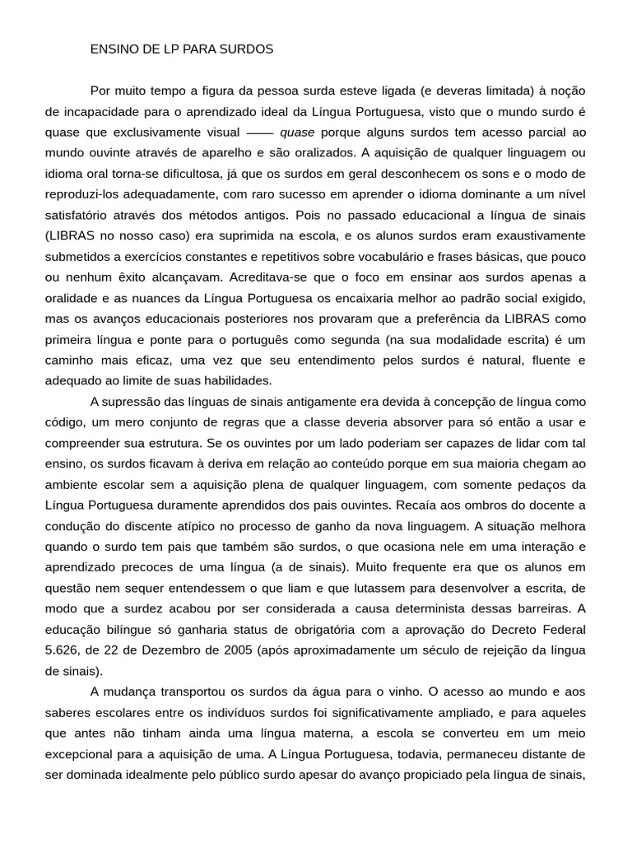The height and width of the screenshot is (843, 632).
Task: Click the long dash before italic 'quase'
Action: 260,132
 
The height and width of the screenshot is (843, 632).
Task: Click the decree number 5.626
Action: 63,650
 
